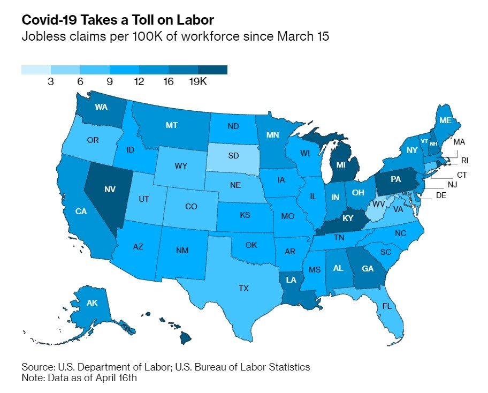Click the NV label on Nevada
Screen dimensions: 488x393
coord(110,189)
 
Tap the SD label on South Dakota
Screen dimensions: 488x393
coord(233,155)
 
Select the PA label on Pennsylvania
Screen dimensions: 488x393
coord(395,179)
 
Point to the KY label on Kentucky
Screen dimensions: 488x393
coord(348,218)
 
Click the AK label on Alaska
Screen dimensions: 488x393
coord(92,303)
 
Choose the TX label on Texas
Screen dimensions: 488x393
coord(243,289)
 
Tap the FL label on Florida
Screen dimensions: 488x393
coord(387,306)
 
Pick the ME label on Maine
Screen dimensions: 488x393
coord(445,120)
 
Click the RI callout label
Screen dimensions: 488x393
coord(464,161)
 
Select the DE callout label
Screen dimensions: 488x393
coord(441,195)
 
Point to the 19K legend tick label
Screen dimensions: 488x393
coord(198,81)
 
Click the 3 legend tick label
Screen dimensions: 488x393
coord(51,81)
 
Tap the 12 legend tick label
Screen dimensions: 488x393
coord(139,81)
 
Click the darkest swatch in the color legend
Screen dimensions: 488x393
coord(212,70)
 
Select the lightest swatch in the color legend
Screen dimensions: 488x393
coord(36,70)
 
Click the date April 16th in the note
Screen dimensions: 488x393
coord(116,378)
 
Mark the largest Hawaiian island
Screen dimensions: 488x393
coord(186,338)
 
